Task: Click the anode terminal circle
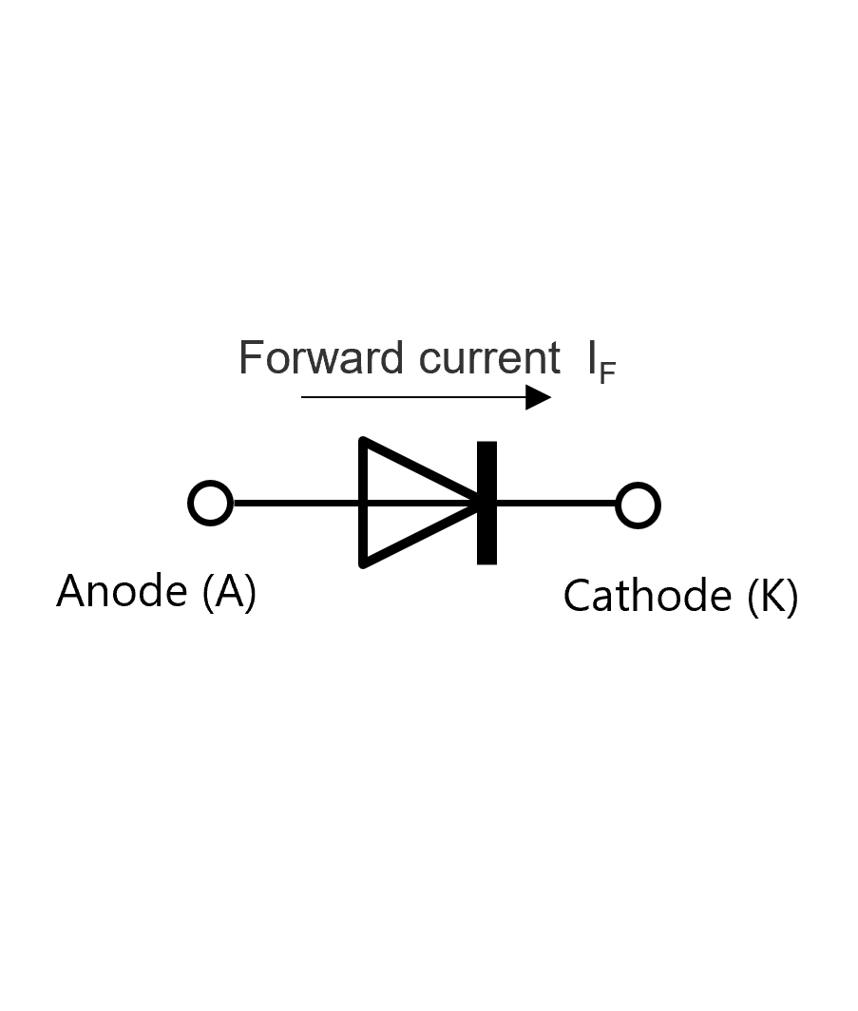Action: tap(210, 482)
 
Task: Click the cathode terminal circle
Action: tap(638, 484)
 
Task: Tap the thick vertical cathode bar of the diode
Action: tap(486, 503)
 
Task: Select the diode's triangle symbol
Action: tap(363, 503)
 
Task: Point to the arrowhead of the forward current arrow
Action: tap(538, 397)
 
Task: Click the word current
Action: tap(489, 358)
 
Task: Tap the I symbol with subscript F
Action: tap(601, 363)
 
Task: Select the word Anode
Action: tap(122, 591)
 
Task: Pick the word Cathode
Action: tap(647, 595)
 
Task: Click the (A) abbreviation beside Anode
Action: tap(230, 592)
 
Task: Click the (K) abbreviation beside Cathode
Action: tap(772, 597)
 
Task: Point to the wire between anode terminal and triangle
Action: tap(296, 503)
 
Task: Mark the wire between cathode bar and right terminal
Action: tap(556, 503)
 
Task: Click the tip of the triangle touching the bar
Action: tap(478, 503)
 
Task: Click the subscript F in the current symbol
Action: tap(607, 373)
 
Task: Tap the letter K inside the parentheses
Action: tap(772, 595)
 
